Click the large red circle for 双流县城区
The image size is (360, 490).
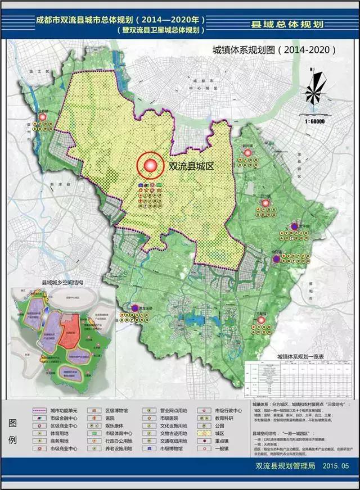click(x=150, y=166)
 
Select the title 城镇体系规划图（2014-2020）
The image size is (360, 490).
click(x=274, y=49)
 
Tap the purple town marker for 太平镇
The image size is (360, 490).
click(x=295, y=226)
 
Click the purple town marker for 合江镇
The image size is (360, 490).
click(x=276, y=259)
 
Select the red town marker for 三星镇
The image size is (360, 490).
click(x=261, y=320)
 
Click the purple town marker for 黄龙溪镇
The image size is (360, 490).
click(x=136, y=308)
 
